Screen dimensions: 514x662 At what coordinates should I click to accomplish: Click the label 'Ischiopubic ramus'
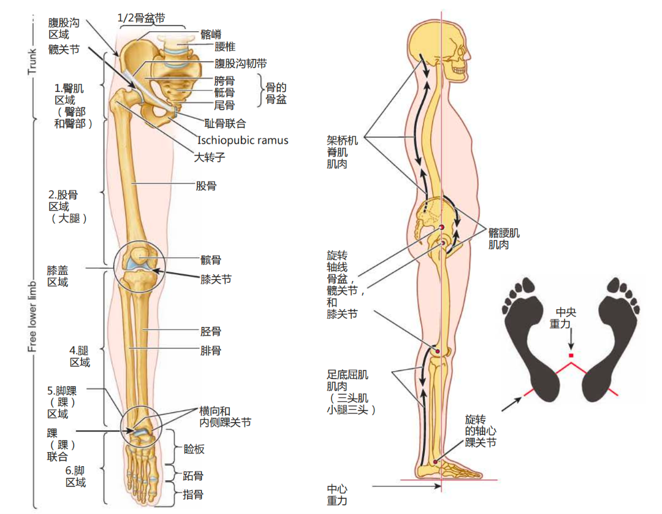click(242, 140)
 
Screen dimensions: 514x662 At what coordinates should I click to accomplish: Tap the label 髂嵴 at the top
click(211, 34)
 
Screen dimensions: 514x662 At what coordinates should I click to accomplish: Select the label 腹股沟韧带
click(240, 63)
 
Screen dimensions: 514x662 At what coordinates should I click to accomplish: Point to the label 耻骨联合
click(225, 123)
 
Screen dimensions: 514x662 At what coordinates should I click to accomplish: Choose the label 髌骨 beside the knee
click(211, 260)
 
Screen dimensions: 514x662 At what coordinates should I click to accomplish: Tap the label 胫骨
click(211, 332)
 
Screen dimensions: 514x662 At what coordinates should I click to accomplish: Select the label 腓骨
click(211, 351)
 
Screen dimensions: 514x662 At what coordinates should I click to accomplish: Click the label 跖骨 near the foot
click(194, 475)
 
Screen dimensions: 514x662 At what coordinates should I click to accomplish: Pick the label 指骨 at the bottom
click(194, 494)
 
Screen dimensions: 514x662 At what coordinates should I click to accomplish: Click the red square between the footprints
click(571, 355)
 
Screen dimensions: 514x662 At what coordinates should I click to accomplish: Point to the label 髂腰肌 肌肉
click(503, 239)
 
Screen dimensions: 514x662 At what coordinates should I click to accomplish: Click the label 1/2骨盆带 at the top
click(141, 18)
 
